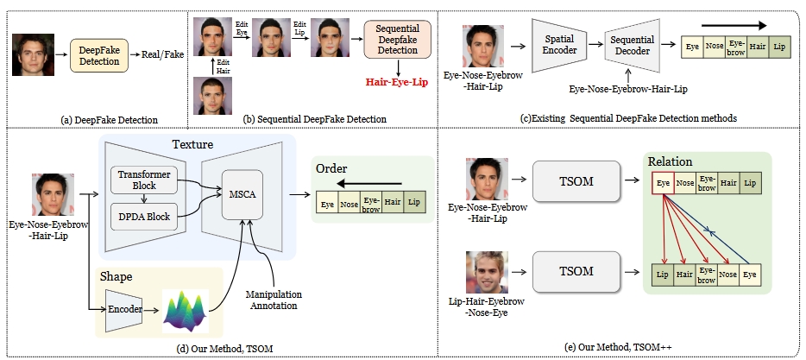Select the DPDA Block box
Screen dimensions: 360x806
pyautogui.click(x=145, y=216)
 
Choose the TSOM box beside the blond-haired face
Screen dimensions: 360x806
pyautogui.click(x=576, y=270)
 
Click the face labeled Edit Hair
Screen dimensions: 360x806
pyautogui.click(x=210, y=95)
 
